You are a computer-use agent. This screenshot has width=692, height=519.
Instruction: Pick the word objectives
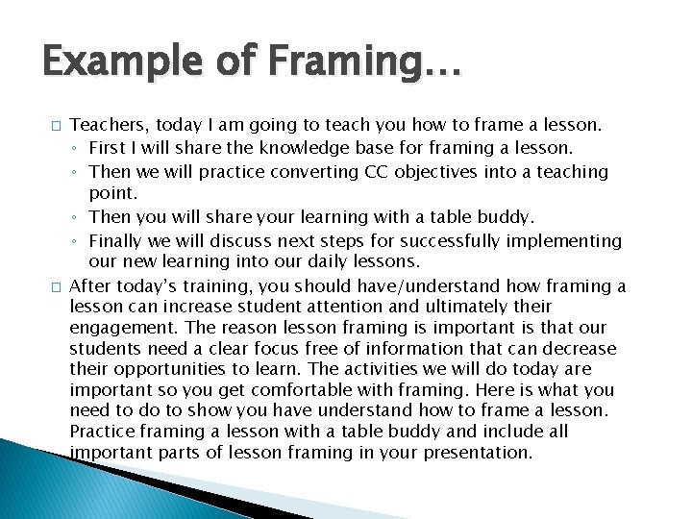(439, 172)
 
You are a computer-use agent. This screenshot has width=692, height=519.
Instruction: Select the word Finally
(114, 241)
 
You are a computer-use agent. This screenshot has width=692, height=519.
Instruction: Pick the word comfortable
(305, 390)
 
